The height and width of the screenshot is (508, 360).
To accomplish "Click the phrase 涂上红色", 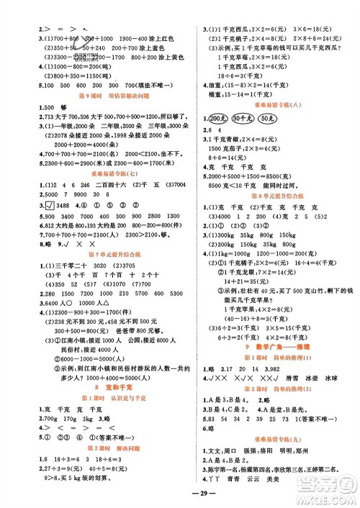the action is pyautogui.click(x=163, y=38).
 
